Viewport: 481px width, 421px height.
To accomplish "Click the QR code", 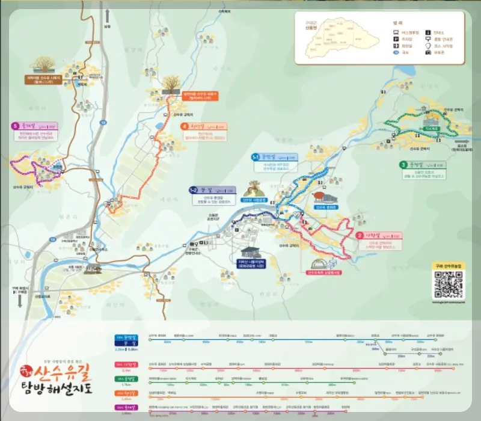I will pyautogui.click(x=448, y=284).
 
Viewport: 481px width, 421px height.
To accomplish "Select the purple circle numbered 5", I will pyautogui.click(x=14, y=126).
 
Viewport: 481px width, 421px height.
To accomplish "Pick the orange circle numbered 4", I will pyautogui.click(x=184, y=126).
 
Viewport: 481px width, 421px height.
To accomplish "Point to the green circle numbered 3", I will pyautogui.click(x=403, y=165).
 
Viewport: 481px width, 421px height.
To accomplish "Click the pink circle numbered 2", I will pyautogui.click(x=360, y=235).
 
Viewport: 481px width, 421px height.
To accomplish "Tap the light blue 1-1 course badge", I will pyautogui.click(x=255, y=157).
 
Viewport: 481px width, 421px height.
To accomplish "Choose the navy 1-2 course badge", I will pyautogui.click(x=194, y=189).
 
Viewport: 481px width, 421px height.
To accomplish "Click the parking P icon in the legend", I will pyautogui.click(x=396, y=38).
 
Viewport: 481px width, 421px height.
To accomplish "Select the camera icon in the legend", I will pyautogui.click(x=428, y=53).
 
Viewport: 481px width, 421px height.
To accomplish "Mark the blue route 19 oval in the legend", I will pyautogui.click(x=396, y=53).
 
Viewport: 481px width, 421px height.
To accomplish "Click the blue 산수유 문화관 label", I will pyautogui.click(x=325, y=207).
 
